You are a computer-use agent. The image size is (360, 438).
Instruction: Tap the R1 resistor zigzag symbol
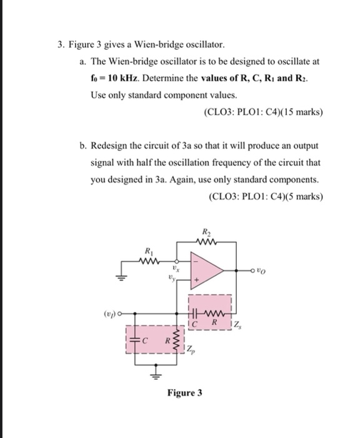point(151,262)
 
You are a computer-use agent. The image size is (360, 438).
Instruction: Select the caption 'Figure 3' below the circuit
point(184,394)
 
